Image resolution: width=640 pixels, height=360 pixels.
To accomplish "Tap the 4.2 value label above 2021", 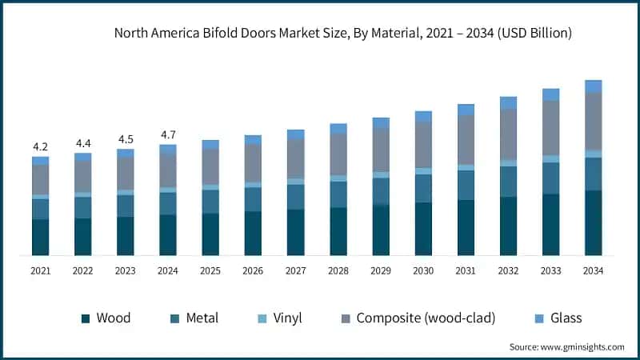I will (x=40, y=146).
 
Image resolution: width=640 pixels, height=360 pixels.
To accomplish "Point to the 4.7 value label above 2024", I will (x=168, y=134).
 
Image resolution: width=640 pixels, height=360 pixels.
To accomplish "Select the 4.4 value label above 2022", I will (x=83, y=143).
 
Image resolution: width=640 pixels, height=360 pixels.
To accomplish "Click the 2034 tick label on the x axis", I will (x=593, y=271).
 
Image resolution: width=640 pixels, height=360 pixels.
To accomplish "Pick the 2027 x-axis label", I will (x=295, y=271).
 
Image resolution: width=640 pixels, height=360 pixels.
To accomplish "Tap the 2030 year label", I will (x=422, y=271).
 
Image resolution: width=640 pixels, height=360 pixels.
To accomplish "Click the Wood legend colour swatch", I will (x=86, y=318).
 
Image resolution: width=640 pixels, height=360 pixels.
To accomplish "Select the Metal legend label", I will (x=202, y=318).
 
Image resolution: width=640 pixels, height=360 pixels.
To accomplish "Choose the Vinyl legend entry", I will (x=286, y=318).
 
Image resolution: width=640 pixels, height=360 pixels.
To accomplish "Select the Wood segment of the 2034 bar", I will (x=593, y=223).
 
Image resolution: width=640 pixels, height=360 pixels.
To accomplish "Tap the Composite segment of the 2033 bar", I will (x=550, y=128).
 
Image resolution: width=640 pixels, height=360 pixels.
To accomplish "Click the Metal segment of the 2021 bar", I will (x=40, y=209).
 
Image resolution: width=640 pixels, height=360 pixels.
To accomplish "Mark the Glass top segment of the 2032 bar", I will (x=508, y=102).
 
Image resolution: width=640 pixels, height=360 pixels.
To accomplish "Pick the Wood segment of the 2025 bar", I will (x=210, y=234).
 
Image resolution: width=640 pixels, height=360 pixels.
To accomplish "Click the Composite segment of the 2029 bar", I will (x=381, y=150).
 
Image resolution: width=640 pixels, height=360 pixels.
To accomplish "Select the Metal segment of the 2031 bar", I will (x=466, y=185).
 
